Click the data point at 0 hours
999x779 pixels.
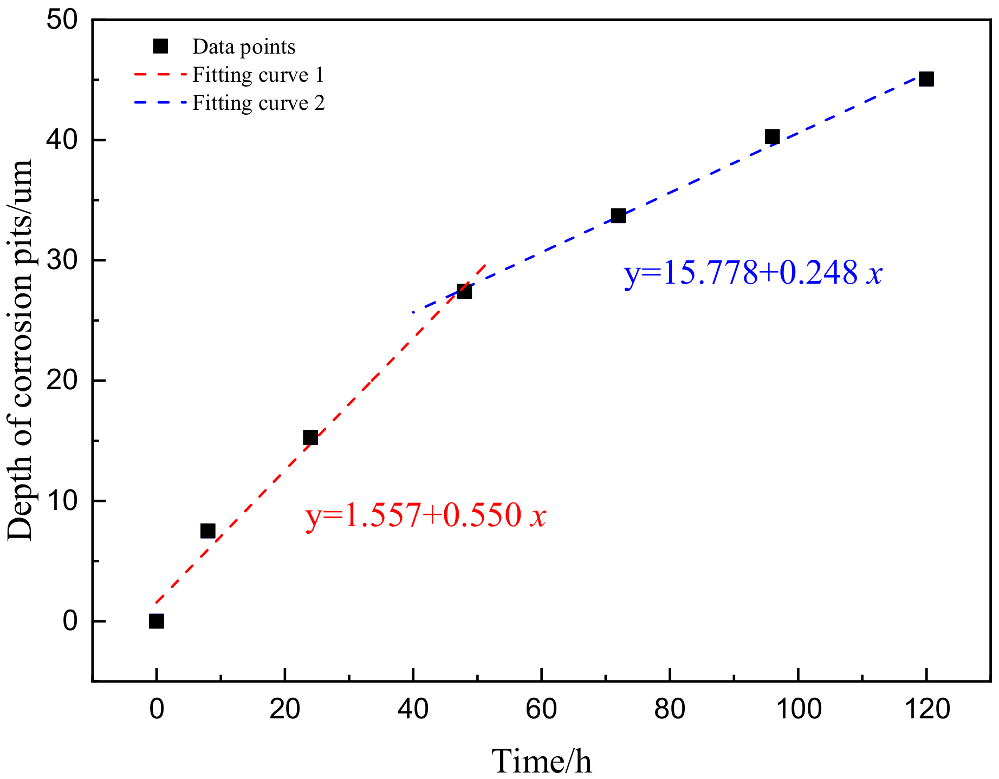tap(156, 621)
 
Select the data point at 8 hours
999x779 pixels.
tap(207, 531)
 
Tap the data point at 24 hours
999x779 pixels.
tap(310, 437)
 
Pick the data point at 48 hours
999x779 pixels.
tap(464, 291)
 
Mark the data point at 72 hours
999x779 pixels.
tap(618, 215)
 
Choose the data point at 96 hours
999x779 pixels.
tap(772, 136)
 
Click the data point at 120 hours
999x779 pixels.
tap(926, 79)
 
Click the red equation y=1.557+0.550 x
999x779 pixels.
tap(426, 515)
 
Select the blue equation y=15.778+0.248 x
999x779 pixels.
tap(753, 273)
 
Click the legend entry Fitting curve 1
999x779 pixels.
tap(258, 75)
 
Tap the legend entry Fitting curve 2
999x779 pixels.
tap(258, 103)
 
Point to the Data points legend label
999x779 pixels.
tap(244, 47)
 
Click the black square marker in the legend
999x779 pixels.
tap(160, 46)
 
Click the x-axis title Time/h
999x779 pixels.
tap(541, 761)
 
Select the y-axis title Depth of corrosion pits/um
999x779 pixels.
tap(21, 350)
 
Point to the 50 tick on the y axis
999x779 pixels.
tap(62, 21)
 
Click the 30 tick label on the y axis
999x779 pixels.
tap(62, 260)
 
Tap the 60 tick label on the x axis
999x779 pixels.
tap(541, 709)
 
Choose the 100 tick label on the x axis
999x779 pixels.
tap(798, 709)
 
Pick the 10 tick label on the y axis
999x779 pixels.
tap(62, 501)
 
